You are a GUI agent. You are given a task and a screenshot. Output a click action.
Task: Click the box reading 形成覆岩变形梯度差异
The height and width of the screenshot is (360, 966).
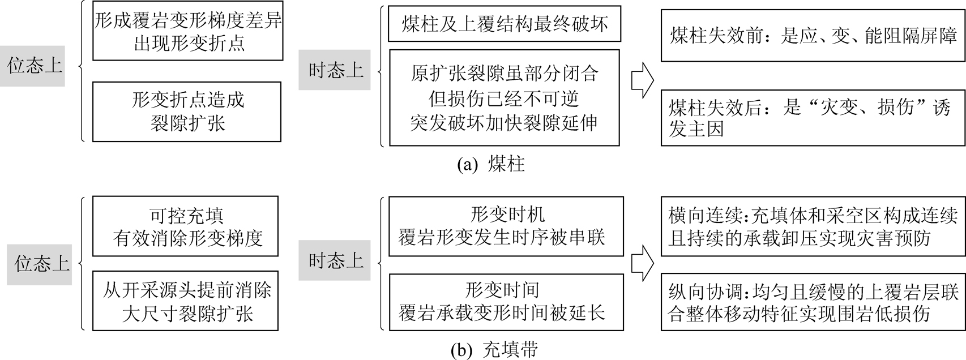187,32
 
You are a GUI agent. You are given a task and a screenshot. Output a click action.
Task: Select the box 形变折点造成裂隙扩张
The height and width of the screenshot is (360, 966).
187,112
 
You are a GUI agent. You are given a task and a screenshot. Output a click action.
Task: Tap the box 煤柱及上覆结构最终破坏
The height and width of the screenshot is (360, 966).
505,24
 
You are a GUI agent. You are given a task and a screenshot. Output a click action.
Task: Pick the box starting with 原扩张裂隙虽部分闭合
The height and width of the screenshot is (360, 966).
504,98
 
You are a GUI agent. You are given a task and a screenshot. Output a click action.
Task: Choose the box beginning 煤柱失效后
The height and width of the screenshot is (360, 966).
813,118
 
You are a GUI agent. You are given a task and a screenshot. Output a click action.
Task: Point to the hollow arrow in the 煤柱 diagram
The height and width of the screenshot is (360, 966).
642,79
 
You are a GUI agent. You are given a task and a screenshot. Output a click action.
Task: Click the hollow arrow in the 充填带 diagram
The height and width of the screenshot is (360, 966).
642,263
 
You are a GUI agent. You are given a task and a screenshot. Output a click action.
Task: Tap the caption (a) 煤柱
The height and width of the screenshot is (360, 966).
491,164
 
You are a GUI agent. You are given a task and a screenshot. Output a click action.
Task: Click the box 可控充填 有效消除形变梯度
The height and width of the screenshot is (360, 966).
186,226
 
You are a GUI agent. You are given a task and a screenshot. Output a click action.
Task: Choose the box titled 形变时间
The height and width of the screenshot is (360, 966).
506,301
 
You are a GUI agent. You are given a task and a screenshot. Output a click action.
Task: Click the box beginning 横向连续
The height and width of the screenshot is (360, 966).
813,226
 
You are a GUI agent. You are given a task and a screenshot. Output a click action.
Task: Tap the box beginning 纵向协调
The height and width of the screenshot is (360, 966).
813,303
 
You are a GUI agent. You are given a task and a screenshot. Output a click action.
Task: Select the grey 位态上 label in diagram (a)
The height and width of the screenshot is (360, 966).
32,66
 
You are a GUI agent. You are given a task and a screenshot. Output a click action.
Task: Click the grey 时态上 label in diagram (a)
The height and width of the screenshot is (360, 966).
334,70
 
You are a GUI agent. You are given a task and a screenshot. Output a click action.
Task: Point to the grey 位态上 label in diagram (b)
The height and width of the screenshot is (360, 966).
40,264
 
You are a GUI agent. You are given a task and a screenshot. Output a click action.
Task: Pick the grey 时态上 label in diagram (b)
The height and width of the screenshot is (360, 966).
334,260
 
